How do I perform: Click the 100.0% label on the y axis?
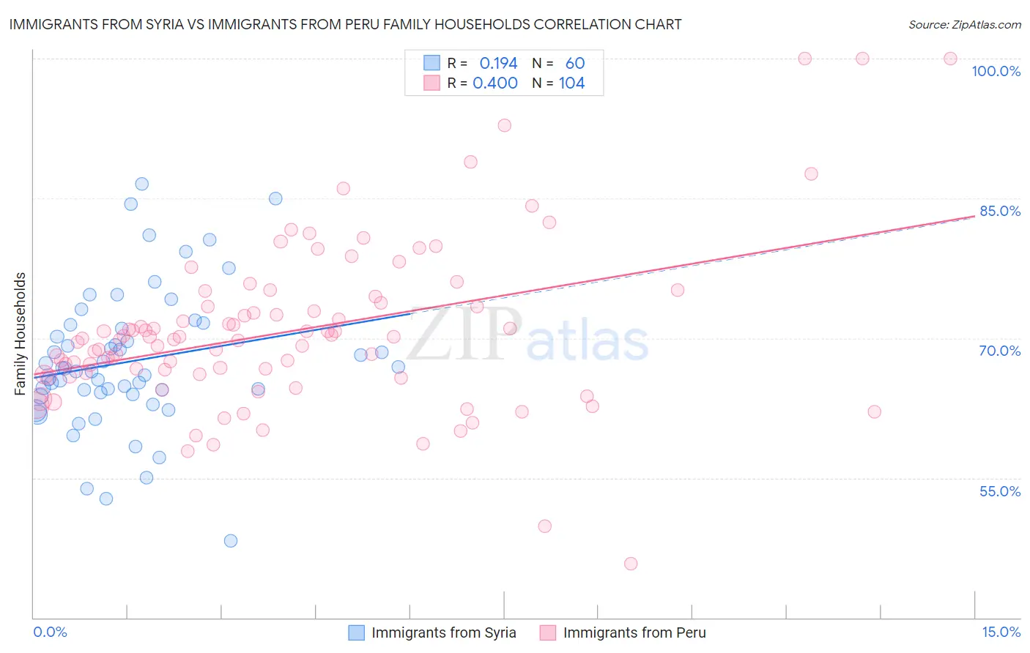click(996, 71)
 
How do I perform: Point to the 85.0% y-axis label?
click(1000, 211)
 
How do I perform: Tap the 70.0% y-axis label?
click(1000, 351)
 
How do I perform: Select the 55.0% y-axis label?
click(1000, 491)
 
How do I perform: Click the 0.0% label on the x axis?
click(50, 632)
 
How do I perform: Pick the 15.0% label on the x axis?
click(1001, 632)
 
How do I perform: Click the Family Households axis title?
click(21, 334)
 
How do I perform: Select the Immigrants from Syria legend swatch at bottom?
click(356, 633)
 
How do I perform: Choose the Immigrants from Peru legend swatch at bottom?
click(548, 633)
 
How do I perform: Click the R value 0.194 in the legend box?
click(498, 64)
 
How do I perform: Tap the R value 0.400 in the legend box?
click(495, 83)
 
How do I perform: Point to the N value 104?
click(571, 83)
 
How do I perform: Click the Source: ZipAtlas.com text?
click(964, 25)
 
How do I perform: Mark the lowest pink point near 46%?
click(631, 564)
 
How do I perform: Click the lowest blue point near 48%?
click(231, 541)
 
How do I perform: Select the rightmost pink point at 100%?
click(950, 59)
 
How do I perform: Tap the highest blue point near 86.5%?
click(142, 184)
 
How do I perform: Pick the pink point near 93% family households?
click(505, 125)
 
